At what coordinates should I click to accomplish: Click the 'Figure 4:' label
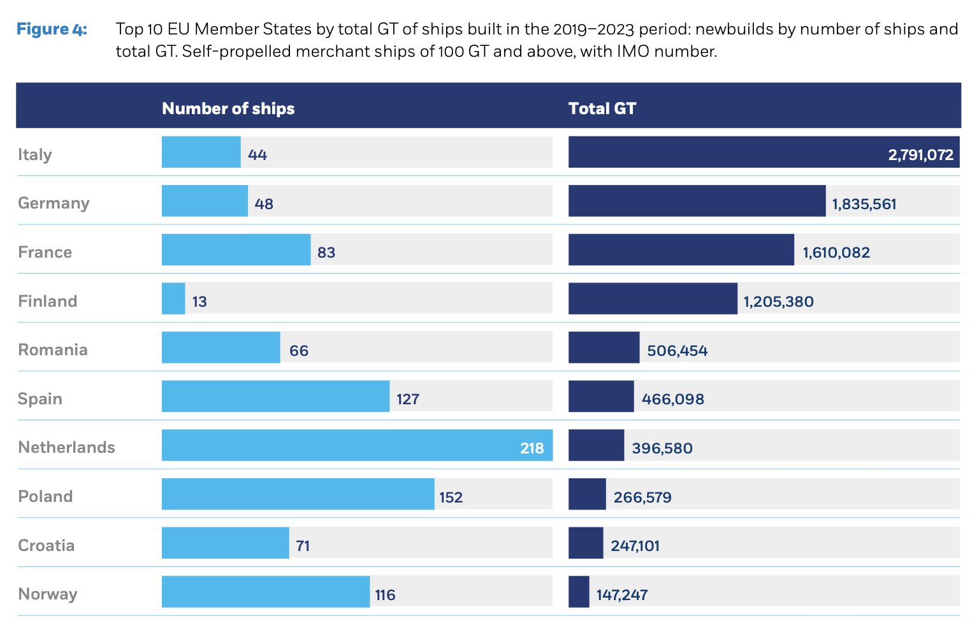click(52, 29)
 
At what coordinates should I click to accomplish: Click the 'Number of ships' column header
click(228, 108)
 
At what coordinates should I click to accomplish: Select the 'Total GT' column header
click(602, 108)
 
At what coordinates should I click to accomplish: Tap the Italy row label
click(35, 154)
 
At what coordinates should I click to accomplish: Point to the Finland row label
click(48, 301)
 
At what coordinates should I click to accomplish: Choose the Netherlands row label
click(66, 447)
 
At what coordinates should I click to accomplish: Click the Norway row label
click(48, 594)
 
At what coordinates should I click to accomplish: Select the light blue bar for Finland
click(173, 298)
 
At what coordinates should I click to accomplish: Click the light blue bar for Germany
click(205, 201)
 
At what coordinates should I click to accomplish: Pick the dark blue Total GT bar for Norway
click(579, 592)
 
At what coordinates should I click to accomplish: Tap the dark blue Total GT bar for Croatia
click(586, 543)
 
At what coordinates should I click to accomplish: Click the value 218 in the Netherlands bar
click(532, 448)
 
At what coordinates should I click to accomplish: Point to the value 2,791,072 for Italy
click(920, 155)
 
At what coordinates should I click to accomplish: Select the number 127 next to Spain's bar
click(408, 399)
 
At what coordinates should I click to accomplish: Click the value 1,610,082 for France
click(836, 253)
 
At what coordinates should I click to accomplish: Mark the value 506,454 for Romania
click(677, 351)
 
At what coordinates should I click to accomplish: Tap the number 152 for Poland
click(451, 497)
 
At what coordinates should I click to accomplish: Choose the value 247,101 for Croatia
click(635, 546)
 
